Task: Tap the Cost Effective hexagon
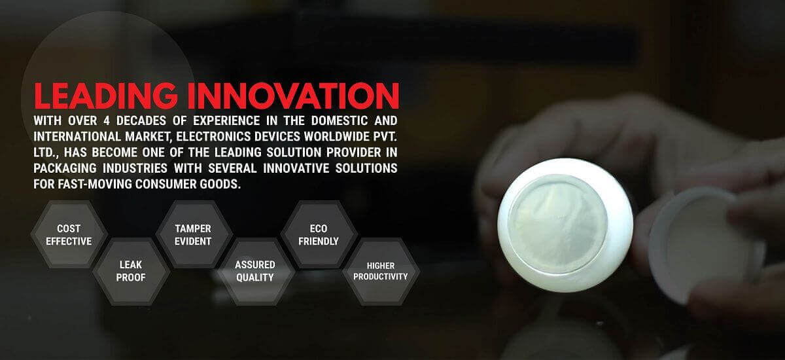coord(69,234)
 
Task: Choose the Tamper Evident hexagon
coord(193,234)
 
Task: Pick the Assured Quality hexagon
coord(254,271)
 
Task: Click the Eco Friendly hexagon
coord(319,234)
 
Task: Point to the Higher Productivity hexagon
coord(380,271)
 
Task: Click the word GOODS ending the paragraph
coord(222,185)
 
